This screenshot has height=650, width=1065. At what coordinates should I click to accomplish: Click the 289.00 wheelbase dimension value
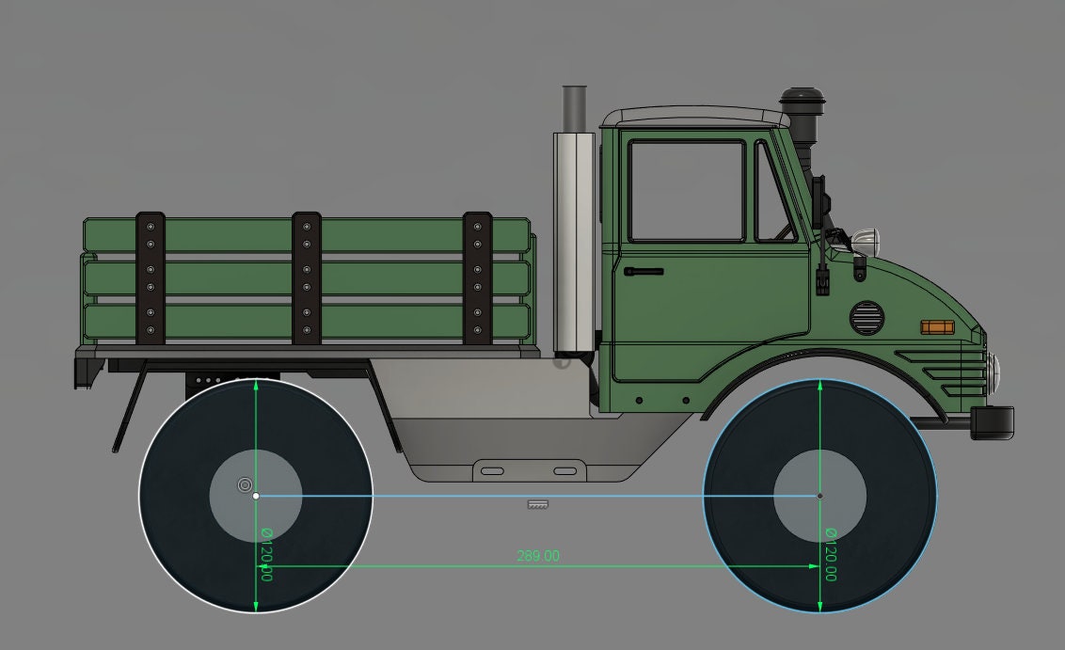(x=538, y=556)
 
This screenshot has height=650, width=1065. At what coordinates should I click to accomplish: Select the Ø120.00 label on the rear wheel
(x=266, y=554)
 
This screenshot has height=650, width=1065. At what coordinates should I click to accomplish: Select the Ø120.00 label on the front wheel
(x=831, y=554)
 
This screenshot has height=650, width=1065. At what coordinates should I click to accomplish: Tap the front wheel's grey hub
(x=819, y=495)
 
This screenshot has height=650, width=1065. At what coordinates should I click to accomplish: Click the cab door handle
(x=644, y=272)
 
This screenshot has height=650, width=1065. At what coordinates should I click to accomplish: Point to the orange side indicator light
(x=936, y=326)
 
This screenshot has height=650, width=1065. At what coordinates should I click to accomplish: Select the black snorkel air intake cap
(x=801, y=97)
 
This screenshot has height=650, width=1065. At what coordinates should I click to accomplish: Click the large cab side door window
(x=687, y=191)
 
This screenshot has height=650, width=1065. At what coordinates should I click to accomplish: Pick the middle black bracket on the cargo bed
(x=307, y=277)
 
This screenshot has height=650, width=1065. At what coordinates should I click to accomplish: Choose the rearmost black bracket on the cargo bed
(x=151, y=277)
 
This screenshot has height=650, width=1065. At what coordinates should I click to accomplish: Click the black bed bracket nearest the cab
(x=477, y=277)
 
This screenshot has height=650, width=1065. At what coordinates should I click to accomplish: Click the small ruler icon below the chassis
(x=538, y=505)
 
